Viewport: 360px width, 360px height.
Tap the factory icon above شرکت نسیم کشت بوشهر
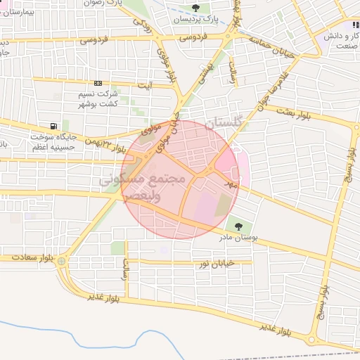pos(98,83)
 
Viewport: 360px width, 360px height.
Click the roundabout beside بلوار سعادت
pos(63,262)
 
